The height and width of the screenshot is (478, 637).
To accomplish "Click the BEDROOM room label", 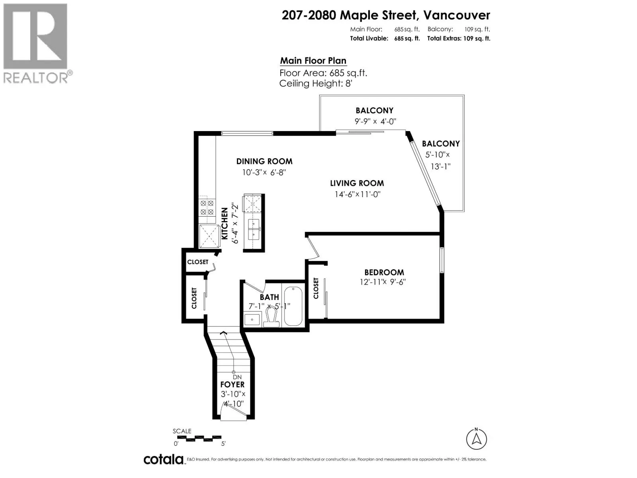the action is click(384, 272).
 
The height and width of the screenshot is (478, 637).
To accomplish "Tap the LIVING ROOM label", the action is click(357, 183).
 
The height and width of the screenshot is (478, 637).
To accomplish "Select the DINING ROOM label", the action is click(264, 161).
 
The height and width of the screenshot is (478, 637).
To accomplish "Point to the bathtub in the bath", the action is click(293, 306).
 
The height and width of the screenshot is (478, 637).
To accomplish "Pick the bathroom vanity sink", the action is click(252, 319).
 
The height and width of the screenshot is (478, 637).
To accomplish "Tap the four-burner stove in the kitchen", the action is click(207, 208).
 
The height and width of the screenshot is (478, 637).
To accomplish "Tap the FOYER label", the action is click(232, 384).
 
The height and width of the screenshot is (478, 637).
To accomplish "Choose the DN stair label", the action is click(237, 377).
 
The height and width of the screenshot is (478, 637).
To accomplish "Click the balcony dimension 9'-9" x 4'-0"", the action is click(375, 121).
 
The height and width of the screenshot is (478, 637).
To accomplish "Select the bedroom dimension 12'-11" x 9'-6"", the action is click(383, 282).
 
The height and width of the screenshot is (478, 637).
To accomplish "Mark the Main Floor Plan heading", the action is click(313, 61).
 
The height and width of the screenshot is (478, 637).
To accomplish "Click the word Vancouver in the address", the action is click(457, 16).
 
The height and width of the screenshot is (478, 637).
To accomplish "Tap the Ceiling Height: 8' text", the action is click(316, 84).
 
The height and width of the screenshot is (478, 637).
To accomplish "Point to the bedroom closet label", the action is click(316, 288).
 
